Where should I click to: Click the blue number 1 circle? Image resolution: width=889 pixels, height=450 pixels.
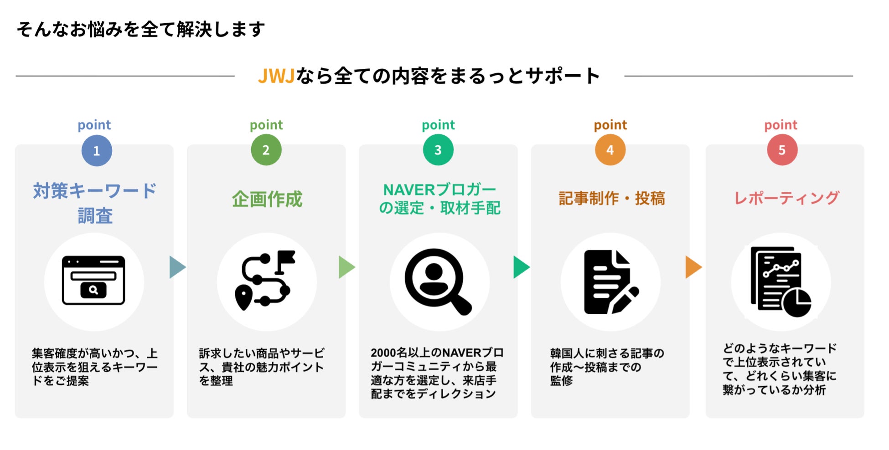pos(97,151)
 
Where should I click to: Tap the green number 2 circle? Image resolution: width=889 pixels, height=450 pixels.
pos(266,150)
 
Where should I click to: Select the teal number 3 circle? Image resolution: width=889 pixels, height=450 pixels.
pos(438,150)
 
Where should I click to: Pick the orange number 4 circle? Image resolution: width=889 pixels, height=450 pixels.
pos(610,150)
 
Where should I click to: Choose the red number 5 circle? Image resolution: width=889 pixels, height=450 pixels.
pos(782,150)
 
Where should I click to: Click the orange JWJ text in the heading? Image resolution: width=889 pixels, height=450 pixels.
pos(276,76)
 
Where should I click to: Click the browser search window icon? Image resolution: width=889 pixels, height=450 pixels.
pos(93,281)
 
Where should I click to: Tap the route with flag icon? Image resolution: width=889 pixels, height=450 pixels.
pos(265,280)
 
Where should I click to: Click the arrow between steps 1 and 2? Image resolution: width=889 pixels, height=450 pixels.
pos(177,267)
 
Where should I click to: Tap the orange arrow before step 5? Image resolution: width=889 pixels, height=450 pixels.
pos(693,267)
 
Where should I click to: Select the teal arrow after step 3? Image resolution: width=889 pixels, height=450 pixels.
pos(521,267)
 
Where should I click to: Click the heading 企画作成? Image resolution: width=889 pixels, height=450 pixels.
pos(267,199)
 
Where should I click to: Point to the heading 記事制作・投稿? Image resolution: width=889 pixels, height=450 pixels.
pos(611,199)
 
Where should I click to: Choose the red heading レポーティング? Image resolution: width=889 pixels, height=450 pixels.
pos(786,198)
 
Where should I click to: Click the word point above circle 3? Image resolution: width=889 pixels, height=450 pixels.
pos(438,125)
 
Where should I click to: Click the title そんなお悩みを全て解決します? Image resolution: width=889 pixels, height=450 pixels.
pos(140,30)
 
